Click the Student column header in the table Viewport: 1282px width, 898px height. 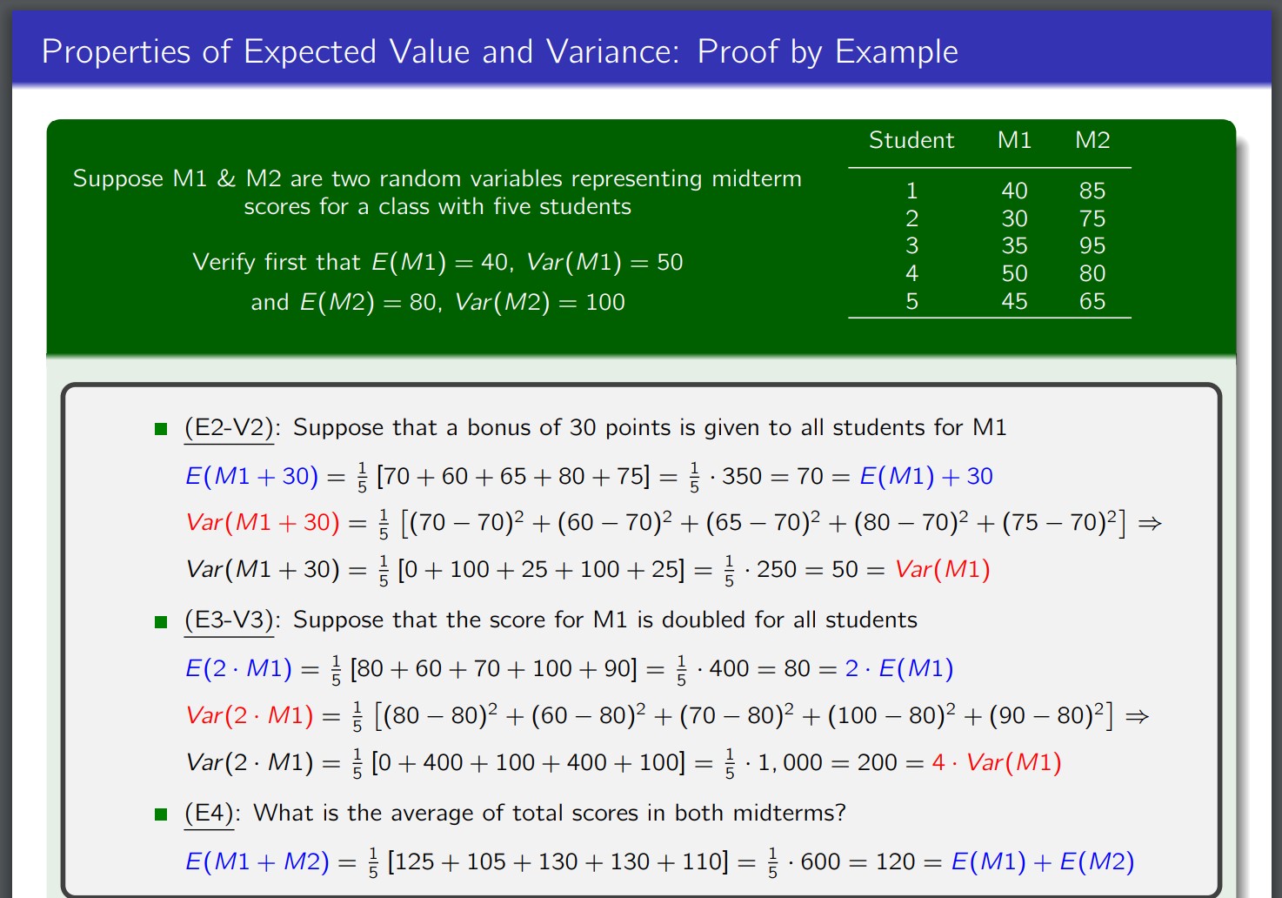[911, 140]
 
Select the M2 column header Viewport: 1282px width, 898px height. [1092, 140]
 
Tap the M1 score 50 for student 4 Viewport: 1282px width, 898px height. [1014, 273]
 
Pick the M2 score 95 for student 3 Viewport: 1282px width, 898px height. [1092, 245]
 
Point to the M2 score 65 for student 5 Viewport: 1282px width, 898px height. [1092, 301]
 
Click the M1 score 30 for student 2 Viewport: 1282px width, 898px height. [1014, 218]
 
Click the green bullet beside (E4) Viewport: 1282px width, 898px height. [161, 814]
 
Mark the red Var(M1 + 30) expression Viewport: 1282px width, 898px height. [263, 522]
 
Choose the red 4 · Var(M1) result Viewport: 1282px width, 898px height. [996, 763]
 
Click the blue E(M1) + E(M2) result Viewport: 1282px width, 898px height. [1042, 861]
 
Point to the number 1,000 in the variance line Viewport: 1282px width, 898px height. [790, 763]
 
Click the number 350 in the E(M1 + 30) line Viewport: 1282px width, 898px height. [741, 476]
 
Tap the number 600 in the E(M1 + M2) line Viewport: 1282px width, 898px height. [819, 861]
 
